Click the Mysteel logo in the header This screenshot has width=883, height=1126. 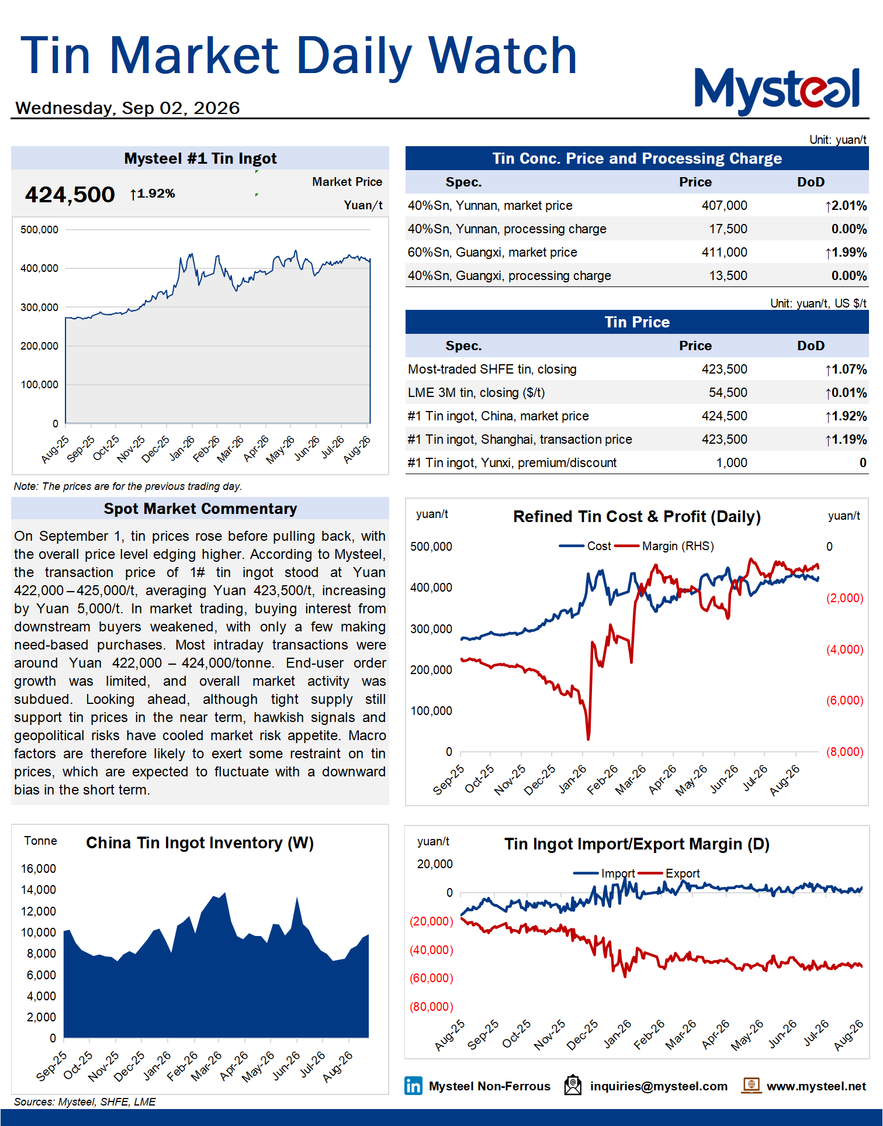tap(777, 90)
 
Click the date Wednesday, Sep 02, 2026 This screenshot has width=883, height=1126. tap(127, 108)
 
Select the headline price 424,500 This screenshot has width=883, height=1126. tap(70, 195)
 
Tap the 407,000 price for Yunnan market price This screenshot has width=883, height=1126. tap(724, 206)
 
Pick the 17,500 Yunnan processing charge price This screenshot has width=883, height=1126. tap(728, 229)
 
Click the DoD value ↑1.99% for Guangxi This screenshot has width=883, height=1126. tap(846, 253)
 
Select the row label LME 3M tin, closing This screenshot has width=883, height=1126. tap(476, 393)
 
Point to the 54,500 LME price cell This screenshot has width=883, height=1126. tap(728, 393)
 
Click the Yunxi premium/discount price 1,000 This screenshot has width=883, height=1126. tap(732, 463)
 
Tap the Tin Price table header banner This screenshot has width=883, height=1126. tap(637, 322)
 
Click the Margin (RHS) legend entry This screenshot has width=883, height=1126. tap(664, 546)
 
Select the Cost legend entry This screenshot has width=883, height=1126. tap(585, 546)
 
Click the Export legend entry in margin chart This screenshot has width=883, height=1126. tap(669, 873)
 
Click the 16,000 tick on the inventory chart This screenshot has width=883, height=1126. tap(39, 869)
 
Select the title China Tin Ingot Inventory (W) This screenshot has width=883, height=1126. tap(200, 843)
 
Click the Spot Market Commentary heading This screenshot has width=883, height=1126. tap(200, 509)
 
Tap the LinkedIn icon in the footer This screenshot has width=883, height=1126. tap(413, 1086)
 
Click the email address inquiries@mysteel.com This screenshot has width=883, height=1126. tap(659, 1086)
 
